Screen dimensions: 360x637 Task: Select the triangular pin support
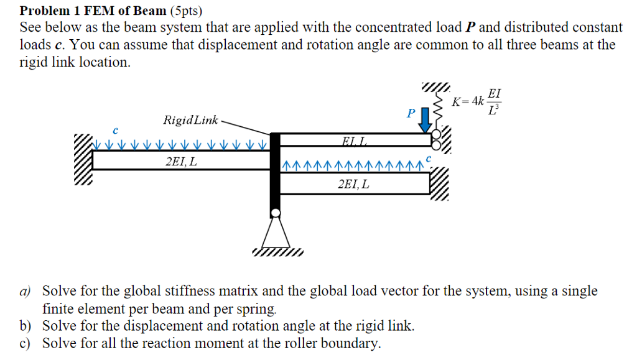[275, 233]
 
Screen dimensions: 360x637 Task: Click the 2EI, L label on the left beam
[182, 162]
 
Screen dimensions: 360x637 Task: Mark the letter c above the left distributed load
[115, 131]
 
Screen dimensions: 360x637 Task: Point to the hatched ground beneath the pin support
[277, 252]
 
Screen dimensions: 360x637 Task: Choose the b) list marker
[26, 326]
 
